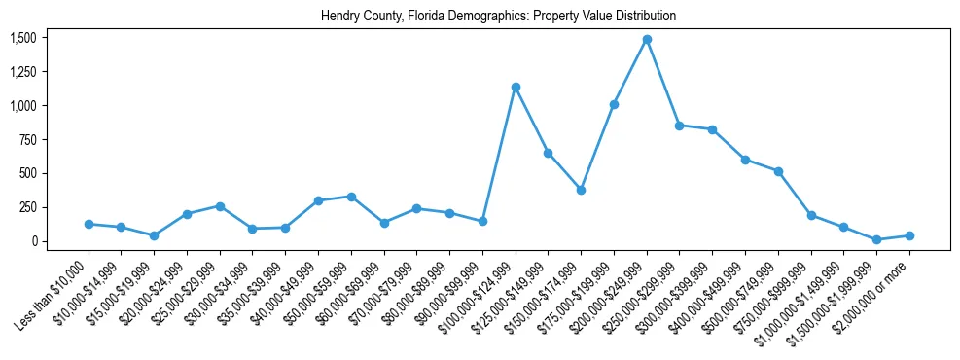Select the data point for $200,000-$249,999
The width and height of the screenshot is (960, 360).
click(647, 40)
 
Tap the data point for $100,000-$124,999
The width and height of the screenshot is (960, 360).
click(516, 88)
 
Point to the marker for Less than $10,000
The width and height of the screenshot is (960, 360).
click(89, 225)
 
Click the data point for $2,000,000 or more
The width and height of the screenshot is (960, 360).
click(909, 235)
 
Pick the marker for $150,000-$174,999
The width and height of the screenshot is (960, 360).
click(581, 190)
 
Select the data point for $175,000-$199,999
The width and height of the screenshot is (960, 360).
click(614, 104)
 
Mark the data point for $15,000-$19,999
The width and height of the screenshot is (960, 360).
click(155, 235)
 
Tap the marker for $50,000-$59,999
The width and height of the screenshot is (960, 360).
click(351, 197)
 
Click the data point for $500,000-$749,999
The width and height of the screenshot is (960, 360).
click(778, 171)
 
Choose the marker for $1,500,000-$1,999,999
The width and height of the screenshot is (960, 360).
click(876, 239)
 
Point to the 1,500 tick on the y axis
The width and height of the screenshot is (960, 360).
click(22, 38)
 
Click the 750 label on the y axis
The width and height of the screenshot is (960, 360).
click(27, 140)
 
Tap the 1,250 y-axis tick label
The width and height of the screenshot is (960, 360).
click(22, 72)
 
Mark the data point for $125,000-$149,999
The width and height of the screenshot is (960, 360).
click(549, 153)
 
